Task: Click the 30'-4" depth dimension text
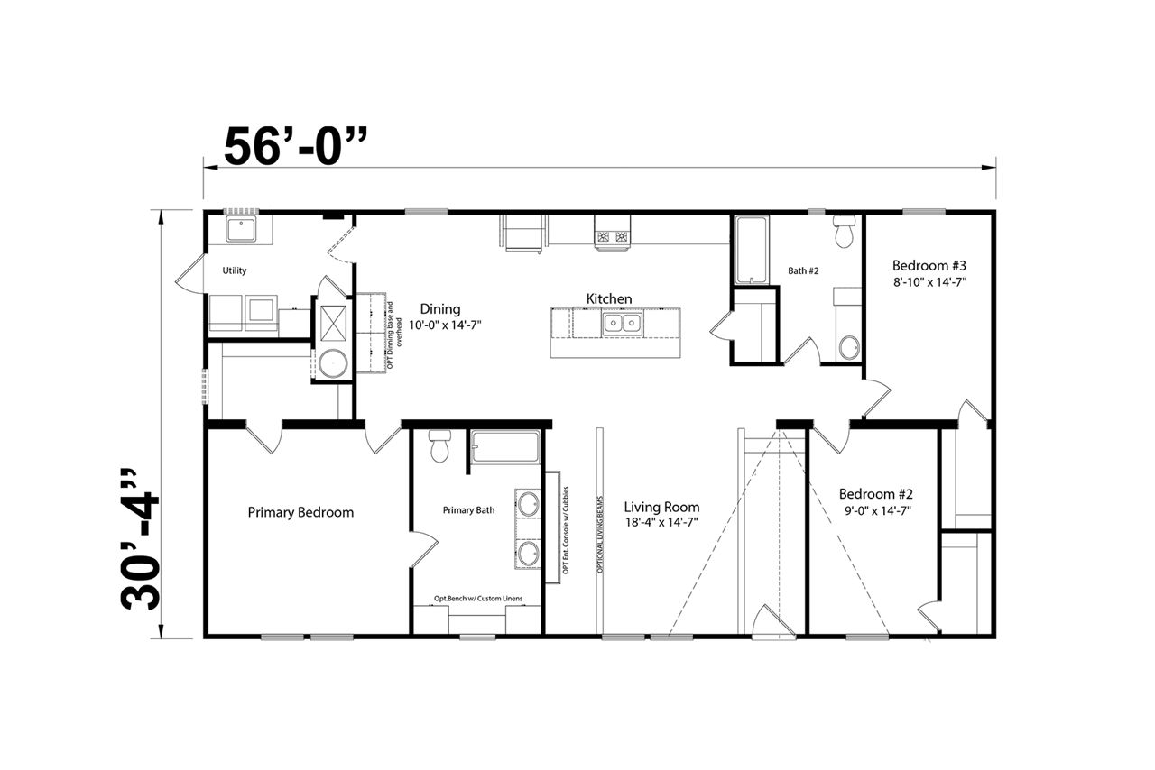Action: pos(139,539)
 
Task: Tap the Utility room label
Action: pos(234,270)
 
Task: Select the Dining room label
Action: pos(439,308)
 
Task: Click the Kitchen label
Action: pos(609,299)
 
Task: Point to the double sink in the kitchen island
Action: pos(622,323)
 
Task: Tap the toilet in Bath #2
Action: pos(844,231)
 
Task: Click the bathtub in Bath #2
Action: pos(752,250)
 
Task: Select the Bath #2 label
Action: pos(803,270)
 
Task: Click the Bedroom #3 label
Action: pos(929,265)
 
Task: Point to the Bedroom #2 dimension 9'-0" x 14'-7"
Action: pos(875,510)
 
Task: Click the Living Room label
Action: pos(661,507)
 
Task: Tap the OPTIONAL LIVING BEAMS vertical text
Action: pos(600,535)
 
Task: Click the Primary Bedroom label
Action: pos(300,512)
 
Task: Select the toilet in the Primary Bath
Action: pos(439,446)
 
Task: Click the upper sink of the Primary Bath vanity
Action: pos(528,503)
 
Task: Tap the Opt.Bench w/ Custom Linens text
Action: pos(478,599)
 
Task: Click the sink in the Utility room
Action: pos(241,230)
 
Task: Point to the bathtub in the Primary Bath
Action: pos(504,446)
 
